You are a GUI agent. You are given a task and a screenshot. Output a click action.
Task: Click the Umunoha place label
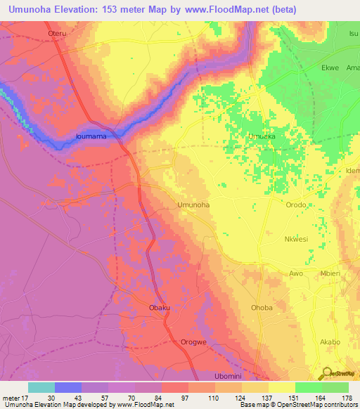pyautogui.click(x=193, y=204)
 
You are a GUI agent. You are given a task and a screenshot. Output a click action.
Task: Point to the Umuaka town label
pyautogui.click(x=262, y=136)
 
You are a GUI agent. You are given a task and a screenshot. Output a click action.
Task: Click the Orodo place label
pyautogui.click(x=296, y=204)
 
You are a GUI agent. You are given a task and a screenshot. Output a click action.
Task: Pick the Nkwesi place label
pyautogui.click(x=296, y=239)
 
